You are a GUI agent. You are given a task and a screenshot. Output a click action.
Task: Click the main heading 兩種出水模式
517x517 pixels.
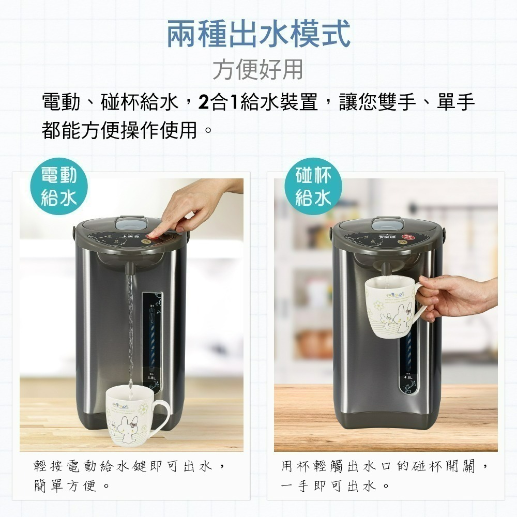tap(258, 33)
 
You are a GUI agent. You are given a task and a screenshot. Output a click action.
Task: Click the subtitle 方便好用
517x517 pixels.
tap(258, 69)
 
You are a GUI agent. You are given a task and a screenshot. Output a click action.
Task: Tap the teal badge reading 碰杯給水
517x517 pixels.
tap(313, 187)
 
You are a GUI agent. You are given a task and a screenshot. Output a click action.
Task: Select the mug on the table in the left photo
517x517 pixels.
tap(132, 417)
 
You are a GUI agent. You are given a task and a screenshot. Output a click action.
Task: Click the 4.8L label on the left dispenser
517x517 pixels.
tap(152, 378)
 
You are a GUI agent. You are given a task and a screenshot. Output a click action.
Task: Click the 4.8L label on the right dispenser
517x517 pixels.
tap(408, 377)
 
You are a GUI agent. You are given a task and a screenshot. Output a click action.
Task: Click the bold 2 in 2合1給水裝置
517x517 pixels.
tap(203, 103)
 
